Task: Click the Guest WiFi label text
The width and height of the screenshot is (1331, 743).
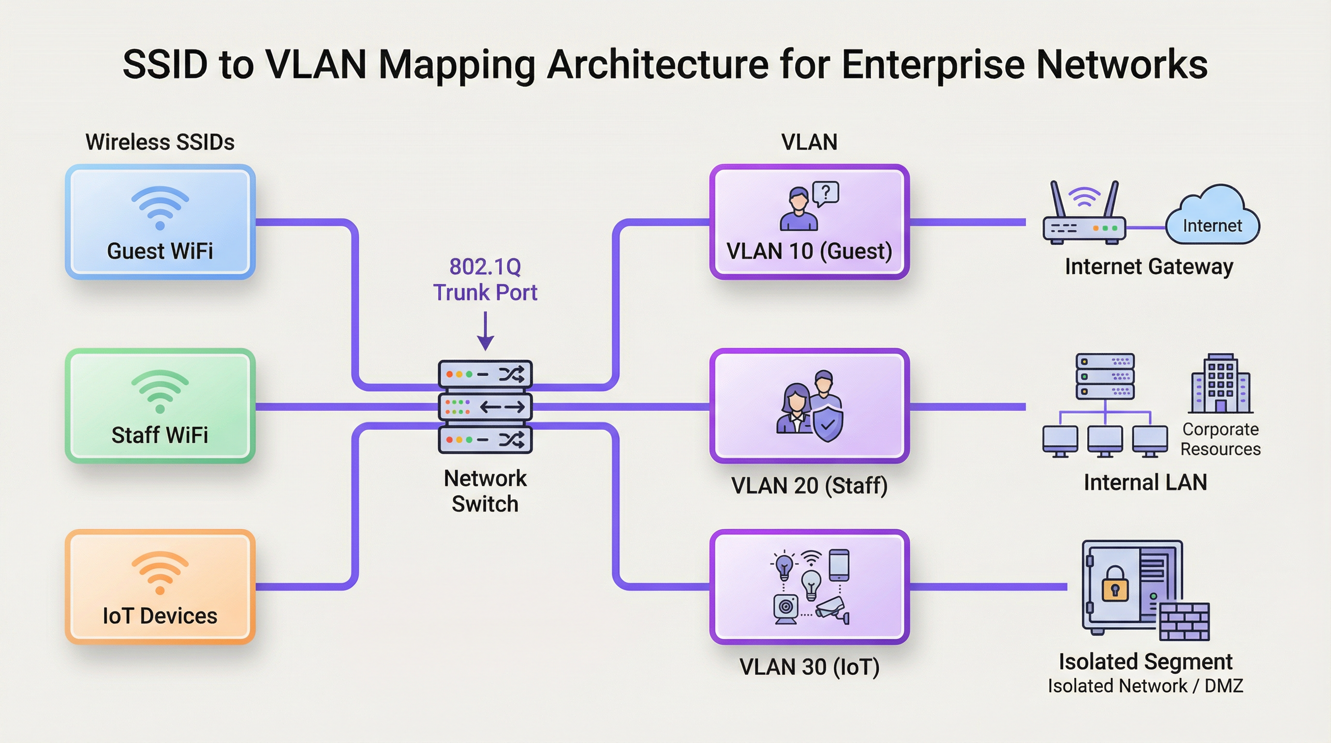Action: (160, 251)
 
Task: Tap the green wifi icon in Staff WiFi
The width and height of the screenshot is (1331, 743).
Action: (160, 391)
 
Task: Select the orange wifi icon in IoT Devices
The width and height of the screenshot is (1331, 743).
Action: (160, 573)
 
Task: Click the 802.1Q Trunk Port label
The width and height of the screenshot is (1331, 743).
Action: (485, 280)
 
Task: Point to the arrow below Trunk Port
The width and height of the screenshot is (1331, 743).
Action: (485, 331)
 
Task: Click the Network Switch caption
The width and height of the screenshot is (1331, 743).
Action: (485, 491)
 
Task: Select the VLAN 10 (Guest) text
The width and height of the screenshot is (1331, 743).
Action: (809, 251)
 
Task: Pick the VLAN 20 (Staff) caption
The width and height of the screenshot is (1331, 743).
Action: (809, 485)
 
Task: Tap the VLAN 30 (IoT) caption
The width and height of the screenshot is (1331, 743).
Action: (809, 667)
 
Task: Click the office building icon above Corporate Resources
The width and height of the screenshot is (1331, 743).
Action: (1220, 384)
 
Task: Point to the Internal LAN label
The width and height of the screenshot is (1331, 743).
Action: (1145, 482)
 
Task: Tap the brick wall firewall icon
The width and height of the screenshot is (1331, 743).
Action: (1184, 621)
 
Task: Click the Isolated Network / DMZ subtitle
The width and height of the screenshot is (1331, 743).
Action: (1145, 686)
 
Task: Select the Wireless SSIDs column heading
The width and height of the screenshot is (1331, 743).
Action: (160, 142)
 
